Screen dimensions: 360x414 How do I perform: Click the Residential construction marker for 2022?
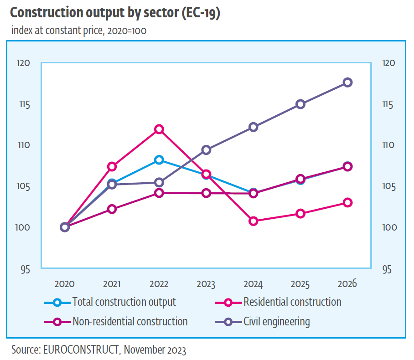point(159,129)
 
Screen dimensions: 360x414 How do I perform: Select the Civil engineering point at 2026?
point(347,82)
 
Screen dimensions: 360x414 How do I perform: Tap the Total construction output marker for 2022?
point(159,159)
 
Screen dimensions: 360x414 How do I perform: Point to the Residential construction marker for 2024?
point(253,221)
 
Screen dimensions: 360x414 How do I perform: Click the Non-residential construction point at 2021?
point(112,209)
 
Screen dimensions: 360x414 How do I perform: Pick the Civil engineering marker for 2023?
point(206,150)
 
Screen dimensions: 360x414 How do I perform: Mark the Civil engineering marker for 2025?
point(300,104)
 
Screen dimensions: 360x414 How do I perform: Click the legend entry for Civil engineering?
point(276,322)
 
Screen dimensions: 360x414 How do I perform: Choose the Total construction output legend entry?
point(124,302)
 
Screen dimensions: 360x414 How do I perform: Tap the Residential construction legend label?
point(292,302)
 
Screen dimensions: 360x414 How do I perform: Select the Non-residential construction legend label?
point(130,322)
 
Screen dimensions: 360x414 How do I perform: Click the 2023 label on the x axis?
point(206,284)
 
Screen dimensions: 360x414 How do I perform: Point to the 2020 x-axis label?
point(64,284)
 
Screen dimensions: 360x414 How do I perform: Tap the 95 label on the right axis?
point(387,269)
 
